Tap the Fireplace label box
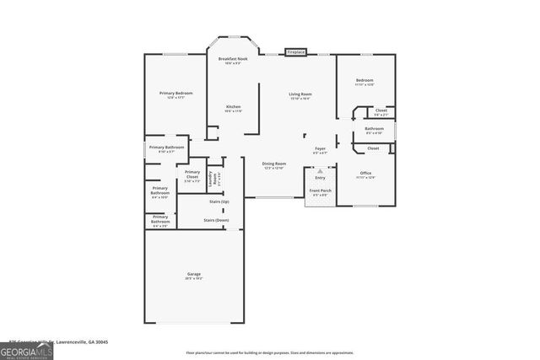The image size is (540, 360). pyautogui.click(x=295, y=52)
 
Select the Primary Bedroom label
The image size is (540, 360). pyautogui.click(x=176, y=94)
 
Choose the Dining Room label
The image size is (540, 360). pyautogui.click(x=274, y=165)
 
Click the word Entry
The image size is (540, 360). pyautogui.click(x=320, y=178)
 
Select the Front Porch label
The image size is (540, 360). pyautogui.click(x=320, y=192)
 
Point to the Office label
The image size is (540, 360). pyautogui.click(x=365, y=175)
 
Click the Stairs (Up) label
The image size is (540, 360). pyautogui.click(x=219, y=202)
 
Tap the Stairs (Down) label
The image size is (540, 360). pyautogui.click(x=216, y=220)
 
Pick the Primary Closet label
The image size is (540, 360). pyautogui.click(x=192, y=177)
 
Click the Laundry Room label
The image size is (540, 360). pyautogui.click(x=215, y=178)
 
